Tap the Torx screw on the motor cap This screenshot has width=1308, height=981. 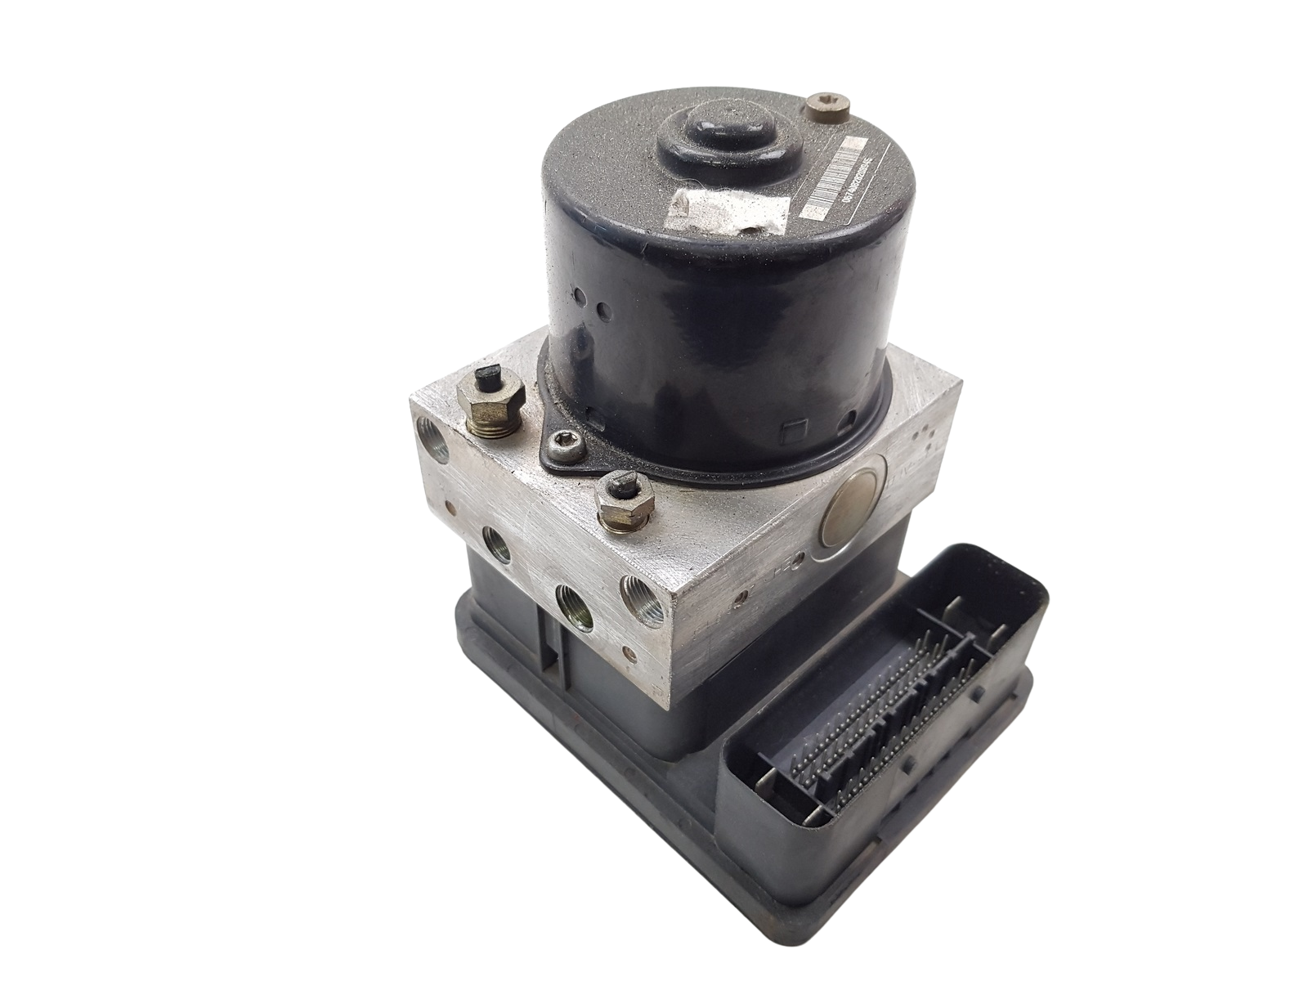(818, 105)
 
